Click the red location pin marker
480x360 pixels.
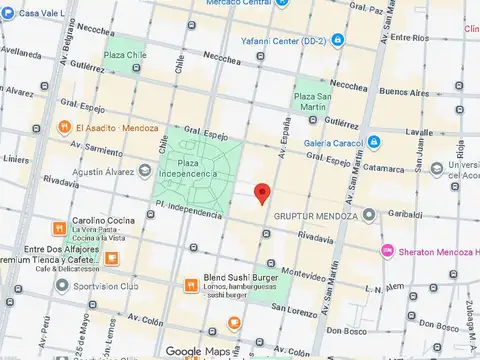tap(262, 193)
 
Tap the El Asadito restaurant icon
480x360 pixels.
tap(63, 127)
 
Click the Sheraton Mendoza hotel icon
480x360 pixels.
tap(386, 250)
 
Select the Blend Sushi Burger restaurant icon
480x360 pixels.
tap(190, 285)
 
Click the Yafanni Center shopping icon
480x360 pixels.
tap(340, 41)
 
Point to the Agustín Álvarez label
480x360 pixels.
tap(115, 171)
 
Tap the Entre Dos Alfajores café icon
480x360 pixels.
tap(111, 256)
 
